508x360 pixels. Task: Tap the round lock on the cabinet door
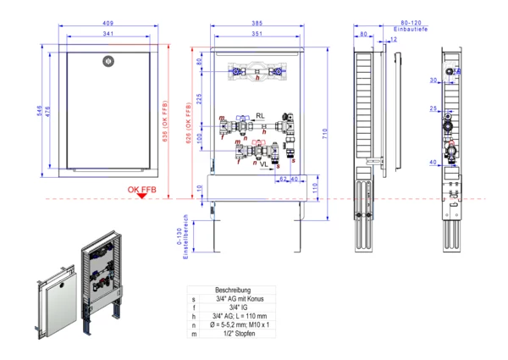107,60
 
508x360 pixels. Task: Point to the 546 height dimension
40,114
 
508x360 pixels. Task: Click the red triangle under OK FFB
141,197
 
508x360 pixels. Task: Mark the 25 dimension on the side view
433,108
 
